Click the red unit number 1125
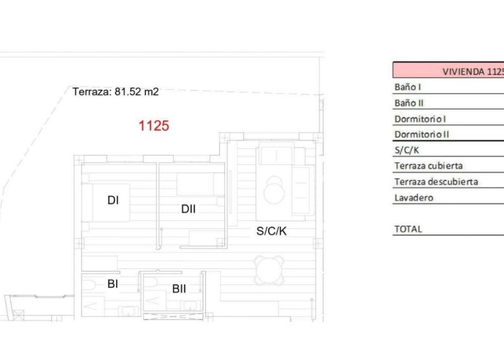click(x=154, y=126)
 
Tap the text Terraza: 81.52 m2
click(x=116, y=91)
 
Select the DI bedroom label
click(x=113, y=200)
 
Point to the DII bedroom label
click(x=188, y=209)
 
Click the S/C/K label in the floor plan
click(x=271, y=231)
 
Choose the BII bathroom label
click(x=179, y=289)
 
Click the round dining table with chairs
click(x=269, y=270)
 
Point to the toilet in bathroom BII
click(x=151, y=282)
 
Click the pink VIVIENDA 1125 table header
click(x=448, y=70)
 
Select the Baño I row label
click(x=408, y=87)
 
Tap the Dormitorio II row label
click(x=422, y=134)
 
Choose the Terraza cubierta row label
click(x=428, y=166)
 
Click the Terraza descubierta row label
click(x=436, y=181)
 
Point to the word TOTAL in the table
click(x=408, y=229)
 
